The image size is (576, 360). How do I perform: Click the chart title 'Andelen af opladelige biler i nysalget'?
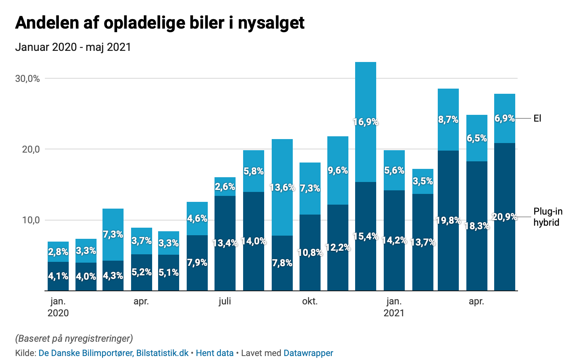[160, 23]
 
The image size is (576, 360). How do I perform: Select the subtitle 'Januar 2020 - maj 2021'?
[73, 47]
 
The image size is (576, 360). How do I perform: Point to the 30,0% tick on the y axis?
[28, 79]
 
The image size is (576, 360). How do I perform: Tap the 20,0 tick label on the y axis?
[31, 149]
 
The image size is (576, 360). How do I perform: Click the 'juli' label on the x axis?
[225, 301]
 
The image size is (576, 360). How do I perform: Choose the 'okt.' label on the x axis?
[310, 301]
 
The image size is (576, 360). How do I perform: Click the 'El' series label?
[537, 118]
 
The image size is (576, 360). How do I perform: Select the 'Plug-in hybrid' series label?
[547, 217]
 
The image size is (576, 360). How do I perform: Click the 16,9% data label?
[365, 122]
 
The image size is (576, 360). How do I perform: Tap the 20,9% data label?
[504, 217]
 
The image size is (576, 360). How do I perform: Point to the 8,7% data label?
[448, 119]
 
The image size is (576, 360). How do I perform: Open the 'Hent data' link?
[215, 353]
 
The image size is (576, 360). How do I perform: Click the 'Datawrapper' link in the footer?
[308, 353]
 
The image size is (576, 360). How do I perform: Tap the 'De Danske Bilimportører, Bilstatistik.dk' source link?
[114, 353]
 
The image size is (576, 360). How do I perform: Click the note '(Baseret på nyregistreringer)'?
[74, 339]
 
